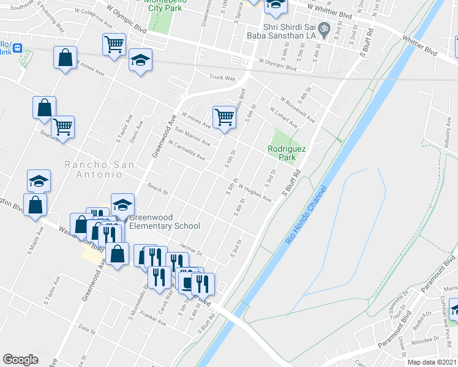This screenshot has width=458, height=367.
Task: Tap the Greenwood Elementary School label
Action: pos(163,221)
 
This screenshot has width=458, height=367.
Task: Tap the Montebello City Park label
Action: pos(162,6)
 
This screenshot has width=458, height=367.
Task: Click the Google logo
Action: pos(20,359)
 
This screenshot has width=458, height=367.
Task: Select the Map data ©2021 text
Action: pos(432,362)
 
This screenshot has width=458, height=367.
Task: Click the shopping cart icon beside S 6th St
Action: pos(224,116)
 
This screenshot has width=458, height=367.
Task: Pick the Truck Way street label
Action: pos(222,78)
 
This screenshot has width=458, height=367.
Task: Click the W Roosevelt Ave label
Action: pos(298,109)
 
